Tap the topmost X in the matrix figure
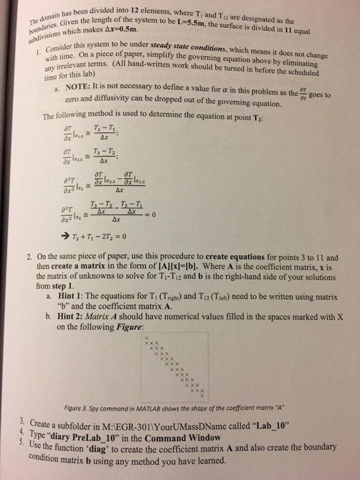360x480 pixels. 147,339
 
